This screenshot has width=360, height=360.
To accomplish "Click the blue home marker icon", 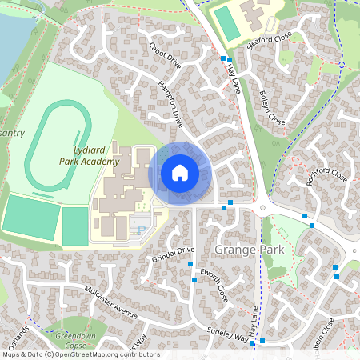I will point(180,172).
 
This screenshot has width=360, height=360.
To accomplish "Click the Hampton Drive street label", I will point(170,104).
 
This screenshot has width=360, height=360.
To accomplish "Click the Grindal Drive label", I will point(173,256).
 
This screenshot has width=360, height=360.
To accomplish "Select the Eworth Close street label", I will point(215,287).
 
